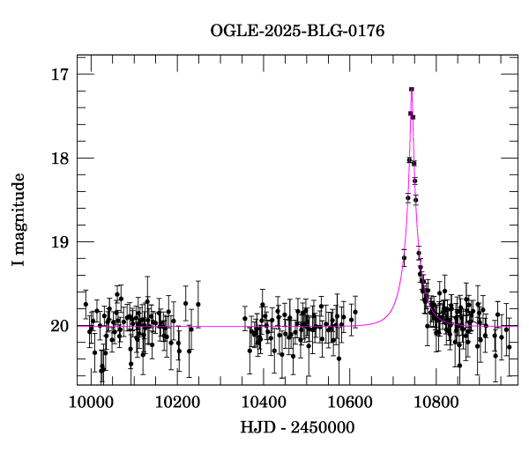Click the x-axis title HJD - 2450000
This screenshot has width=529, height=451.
coord(297,428)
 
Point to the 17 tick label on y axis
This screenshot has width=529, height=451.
coord(60,74)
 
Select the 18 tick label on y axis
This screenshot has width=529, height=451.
coord(60,159)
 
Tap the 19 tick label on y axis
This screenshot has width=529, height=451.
coord(60,242)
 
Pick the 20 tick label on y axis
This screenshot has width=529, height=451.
coord(60,326)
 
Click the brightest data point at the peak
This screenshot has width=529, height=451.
coord(412,89)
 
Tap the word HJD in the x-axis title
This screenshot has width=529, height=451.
coord(255,428)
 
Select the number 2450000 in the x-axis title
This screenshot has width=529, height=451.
coord(321,428)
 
